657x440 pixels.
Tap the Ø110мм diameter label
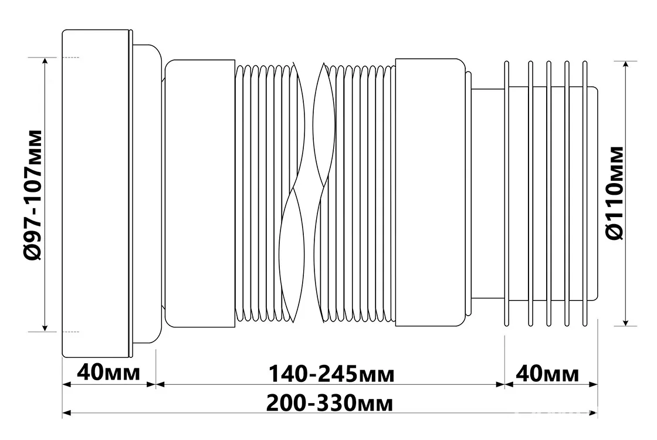coord(614,193)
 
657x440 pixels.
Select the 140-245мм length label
coord(331,374)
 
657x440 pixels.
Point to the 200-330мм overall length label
coord(330,404)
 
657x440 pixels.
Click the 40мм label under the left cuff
coord(109,373)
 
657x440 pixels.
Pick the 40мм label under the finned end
coord(547,374)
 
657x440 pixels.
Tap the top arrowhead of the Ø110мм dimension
coord(625,65)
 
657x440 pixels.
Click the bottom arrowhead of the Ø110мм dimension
coord(625,321)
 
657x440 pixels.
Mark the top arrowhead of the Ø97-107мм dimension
coord(45,62)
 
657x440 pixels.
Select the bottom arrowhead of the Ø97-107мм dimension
coord(45,326)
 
